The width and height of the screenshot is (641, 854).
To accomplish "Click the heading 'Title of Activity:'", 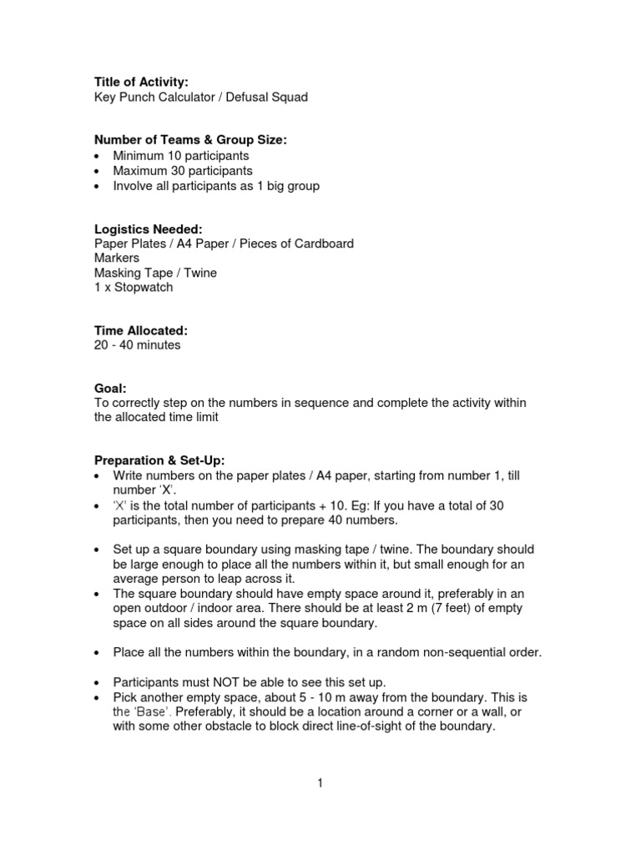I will [141, 82].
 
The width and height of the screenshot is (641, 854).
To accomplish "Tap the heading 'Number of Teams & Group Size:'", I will [190, 140].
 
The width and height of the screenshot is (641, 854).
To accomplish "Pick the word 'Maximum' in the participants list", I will [141, 170].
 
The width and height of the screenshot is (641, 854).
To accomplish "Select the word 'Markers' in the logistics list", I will [117, 259].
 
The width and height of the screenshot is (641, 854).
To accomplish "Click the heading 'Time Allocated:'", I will [140, 331].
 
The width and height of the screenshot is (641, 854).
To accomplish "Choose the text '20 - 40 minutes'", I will [137, 345].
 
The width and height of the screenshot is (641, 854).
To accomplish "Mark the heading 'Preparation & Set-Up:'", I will [159, 461].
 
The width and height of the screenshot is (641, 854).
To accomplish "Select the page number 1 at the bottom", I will [320, 783].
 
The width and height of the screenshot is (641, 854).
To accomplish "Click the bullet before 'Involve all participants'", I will [98, 186].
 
